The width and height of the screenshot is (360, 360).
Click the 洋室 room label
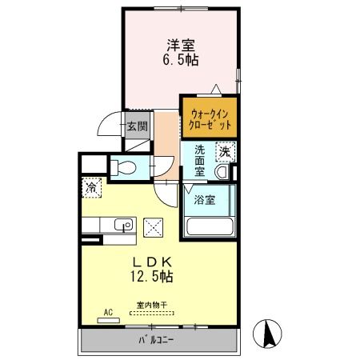[x=181, y=46]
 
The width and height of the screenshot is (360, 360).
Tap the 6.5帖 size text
[x=181, y=60]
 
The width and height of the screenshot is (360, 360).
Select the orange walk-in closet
[x=210, y=118]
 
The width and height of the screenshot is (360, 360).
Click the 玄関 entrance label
[x=137, y=126]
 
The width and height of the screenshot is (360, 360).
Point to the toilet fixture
[x=123, y=167]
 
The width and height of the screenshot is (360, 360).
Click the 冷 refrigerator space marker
[x=91, y=188]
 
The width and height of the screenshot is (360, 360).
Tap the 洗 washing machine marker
[x=226, y=152]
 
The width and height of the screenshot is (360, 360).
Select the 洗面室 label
[x=199, y=161]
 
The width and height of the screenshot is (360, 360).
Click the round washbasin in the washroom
[x=222, y=172]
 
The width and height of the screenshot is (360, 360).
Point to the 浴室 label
[x=205, y=200]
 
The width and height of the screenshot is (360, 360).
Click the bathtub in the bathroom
[x=210, y=226]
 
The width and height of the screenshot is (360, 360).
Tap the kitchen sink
[x=123, y=224]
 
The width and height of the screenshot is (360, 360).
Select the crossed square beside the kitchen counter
[x=153, y=227]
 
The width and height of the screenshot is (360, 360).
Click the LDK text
[x=153, y=262]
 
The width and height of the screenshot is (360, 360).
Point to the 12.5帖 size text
[x=152, y=277]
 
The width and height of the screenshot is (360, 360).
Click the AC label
[x=108, y=312]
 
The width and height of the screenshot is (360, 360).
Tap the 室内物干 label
[x=152, y=305]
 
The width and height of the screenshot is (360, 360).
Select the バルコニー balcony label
[x=156, y=340]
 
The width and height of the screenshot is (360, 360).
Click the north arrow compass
[x=267, y=334]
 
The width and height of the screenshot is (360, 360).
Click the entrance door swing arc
[x=105, y=119]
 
